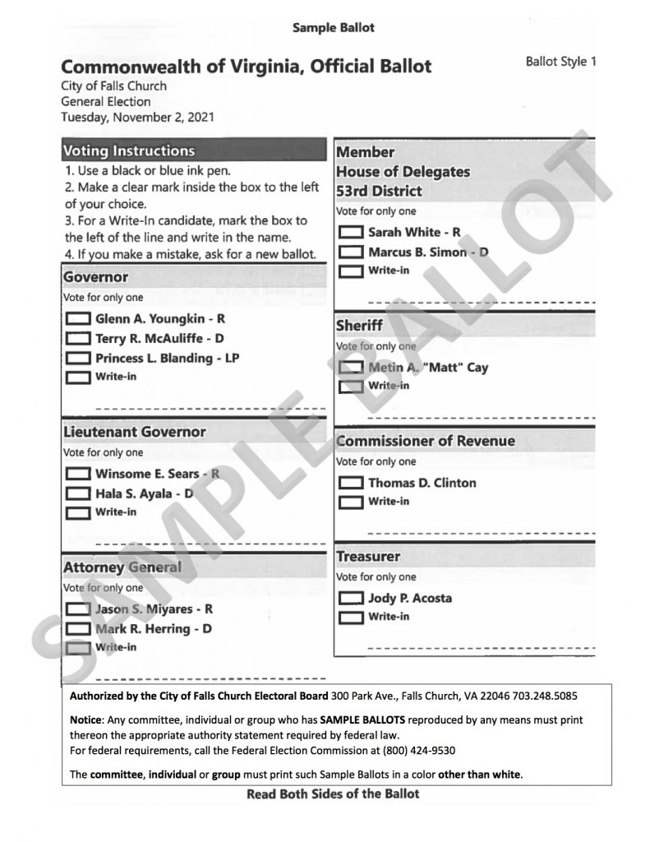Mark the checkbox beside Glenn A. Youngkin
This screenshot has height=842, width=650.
click(x=78, y=319)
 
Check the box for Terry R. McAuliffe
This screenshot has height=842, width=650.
click(x=78, y=339)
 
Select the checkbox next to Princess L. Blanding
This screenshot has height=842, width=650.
click(x=78, y=359)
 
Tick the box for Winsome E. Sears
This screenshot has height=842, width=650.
click(x=78, y=474)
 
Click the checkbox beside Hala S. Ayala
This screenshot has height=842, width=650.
click(x=78, y=494)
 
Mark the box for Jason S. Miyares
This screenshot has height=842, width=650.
click(x=78, y=610)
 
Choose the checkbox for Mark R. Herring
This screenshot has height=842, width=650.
click(x=78, y=630)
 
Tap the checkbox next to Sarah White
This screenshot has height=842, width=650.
click(x=351, y=233)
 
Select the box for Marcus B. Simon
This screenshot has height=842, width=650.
click(x=351, y=252)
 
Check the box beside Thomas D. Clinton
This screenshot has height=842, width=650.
click(x=351, y=483)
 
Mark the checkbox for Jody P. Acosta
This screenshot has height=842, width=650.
click(x=351, y=599)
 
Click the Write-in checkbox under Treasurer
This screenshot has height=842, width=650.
click(x=351, y=618)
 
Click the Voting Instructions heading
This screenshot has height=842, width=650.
click(x=129, y=151)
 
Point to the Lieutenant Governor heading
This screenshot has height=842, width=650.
click(x=135, y=433)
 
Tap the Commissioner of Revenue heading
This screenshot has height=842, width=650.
click(x=426, y=441)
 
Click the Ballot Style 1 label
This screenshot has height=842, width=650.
click(x=560, y=62)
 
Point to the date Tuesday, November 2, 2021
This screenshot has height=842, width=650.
click(x=137, y=117)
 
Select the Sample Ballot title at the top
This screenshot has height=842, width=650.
click(x=334, y=28)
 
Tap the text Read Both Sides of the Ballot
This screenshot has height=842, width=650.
click(x=333, y=794)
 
